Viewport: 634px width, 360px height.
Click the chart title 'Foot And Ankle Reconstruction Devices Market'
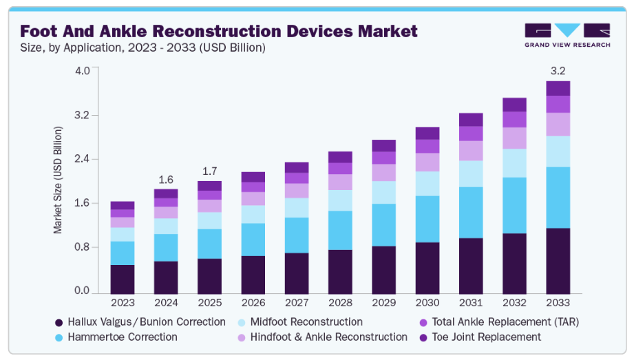click(x=218, y=31)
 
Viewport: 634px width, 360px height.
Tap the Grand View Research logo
click(x=567, y=35)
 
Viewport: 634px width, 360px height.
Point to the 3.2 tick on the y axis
click(x=81, y=115)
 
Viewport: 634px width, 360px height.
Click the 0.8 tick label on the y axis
click(x=81, y=247)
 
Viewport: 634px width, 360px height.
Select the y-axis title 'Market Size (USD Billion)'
click(x=58, y=180)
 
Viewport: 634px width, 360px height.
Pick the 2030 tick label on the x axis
click(x=427, y=303)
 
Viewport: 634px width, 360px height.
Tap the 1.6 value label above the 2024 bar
click(x=166, y=180)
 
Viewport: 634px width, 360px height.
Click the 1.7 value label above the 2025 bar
click(x=210, y=171)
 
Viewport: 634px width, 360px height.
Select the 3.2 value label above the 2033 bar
click(x=558, y=71)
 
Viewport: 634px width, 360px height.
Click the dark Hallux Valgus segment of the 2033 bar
click(x=558, y=260)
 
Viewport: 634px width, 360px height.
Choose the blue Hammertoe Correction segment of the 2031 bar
click(x=471, y=212)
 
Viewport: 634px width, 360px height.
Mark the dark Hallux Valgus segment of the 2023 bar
click(x=123, y=279)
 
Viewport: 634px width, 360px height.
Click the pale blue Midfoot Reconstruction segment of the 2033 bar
click(x=558, y=151)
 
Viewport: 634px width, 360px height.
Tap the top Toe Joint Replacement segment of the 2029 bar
click(x=383, y=145)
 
